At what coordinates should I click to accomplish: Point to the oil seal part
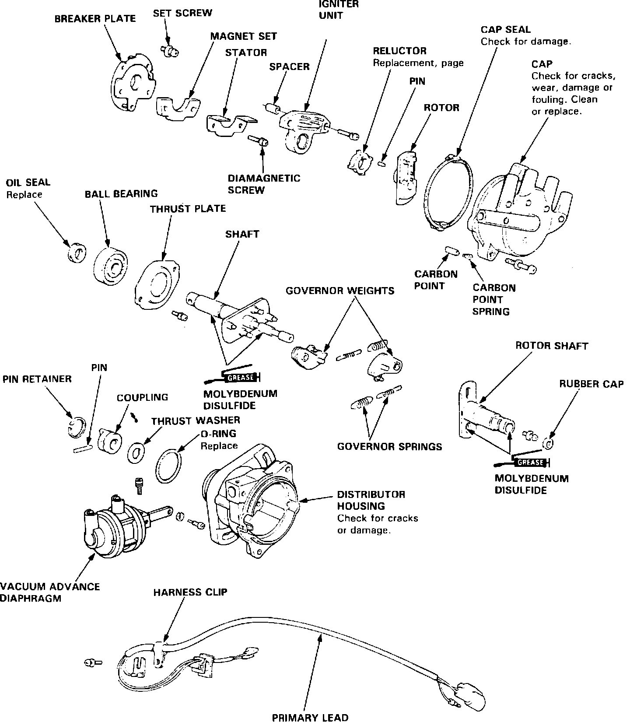(77, 252)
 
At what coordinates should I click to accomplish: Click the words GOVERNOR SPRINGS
(389, 446)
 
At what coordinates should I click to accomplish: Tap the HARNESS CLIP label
(190, 592)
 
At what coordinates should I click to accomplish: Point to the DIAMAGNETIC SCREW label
(264, 184)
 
